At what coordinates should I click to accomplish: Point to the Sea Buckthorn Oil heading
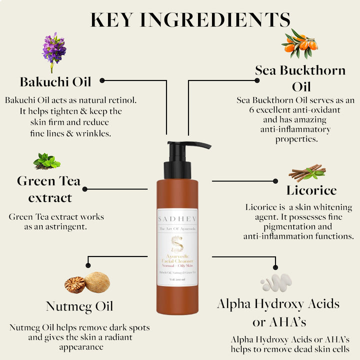(x=300, y=77)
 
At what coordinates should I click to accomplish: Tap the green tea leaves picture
(x=47, y=161)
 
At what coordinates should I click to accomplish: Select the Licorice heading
(x=311, y=190)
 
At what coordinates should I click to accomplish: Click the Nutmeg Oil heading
(x=79, y=306)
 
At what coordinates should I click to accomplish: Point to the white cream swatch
(x=276, y=282)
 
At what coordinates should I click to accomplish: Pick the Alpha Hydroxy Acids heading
(x=278, y=303)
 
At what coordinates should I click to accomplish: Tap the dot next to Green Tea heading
(x=84, y=189)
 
